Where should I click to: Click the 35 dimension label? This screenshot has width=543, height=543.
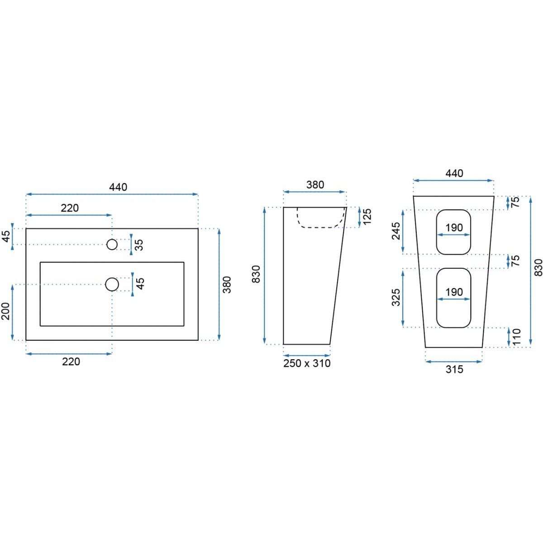[139, 245]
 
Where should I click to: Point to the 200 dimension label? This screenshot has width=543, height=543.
[5, 311]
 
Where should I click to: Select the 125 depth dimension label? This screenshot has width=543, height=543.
[367, 216]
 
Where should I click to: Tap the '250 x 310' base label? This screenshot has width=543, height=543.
[307, 363]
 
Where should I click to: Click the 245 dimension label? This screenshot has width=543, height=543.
[396, 231]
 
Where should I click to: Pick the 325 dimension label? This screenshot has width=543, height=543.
[396, 297]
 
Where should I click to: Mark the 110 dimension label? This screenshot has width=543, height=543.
[516, 337]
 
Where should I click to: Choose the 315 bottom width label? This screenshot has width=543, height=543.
[454, 369]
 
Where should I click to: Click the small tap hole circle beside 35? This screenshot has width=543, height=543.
[112, 244]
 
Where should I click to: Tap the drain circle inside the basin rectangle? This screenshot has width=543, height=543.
[112, 284]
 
